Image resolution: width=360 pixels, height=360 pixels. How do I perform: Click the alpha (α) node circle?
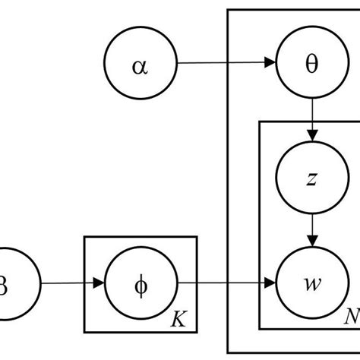[x=141, y=65]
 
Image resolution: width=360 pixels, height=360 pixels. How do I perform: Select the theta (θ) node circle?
[x=311, y=65]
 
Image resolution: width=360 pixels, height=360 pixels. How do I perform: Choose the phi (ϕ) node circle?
[x=141, y=286]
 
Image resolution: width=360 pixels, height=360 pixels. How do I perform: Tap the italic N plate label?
[x=350, y=317]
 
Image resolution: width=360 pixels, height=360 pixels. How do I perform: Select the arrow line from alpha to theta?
[x=220, y=65]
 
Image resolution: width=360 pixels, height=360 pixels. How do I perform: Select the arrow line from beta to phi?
[x=68, y=286]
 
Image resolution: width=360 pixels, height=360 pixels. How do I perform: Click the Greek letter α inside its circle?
[x=141, y=65]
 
